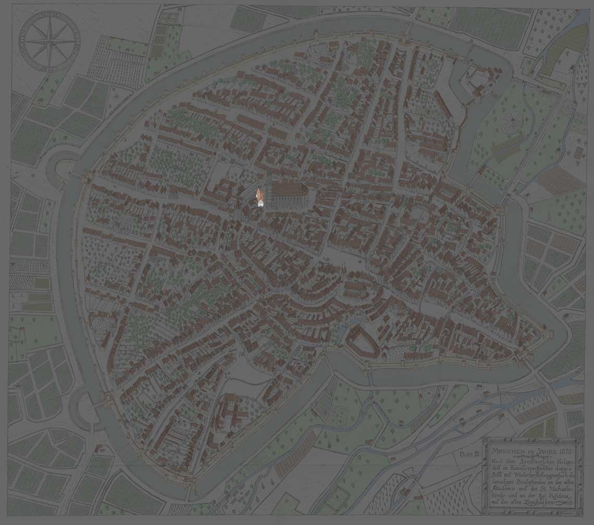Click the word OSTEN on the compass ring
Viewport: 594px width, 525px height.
pos(73,42)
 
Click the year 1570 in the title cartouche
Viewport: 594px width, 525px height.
pos(555,449)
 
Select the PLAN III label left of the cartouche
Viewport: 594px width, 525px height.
pos(469,454)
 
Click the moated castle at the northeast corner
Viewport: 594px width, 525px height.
pos(477,81)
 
